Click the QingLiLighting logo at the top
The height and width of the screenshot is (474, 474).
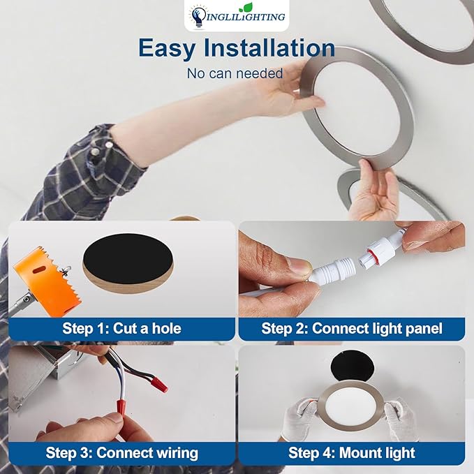[237, 15]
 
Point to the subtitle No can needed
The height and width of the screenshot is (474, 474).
[235, 73]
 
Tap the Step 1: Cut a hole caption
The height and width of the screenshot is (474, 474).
[121, 328]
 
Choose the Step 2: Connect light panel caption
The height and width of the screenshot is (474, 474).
[352, 328]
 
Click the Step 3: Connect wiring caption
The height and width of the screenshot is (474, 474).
[121, 452]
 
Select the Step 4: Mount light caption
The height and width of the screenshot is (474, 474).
[352, 452]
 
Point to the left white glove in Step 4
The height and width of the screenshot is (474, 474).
[301, 418]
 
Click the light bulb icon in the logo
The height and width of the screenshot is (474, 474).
[198, 17]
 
